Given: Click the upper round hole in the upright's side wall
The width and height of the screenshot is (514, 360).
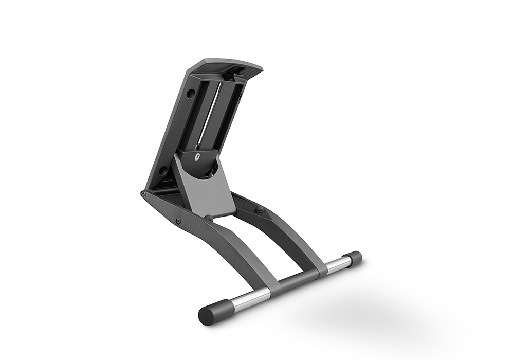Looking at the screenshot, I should point(190,94).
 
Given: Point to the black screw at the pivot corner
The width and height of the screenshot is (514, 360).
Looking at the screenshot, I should point(143,194).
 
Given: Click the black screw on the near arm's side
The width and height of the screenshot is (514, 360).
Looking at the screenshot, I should point(178,221).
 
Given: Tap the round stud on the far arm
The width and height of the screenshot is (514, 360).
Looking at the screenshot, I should point(259,209).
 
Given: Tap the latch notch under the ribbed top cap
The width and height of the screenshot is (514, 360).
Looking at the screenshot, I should point(226,76).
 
